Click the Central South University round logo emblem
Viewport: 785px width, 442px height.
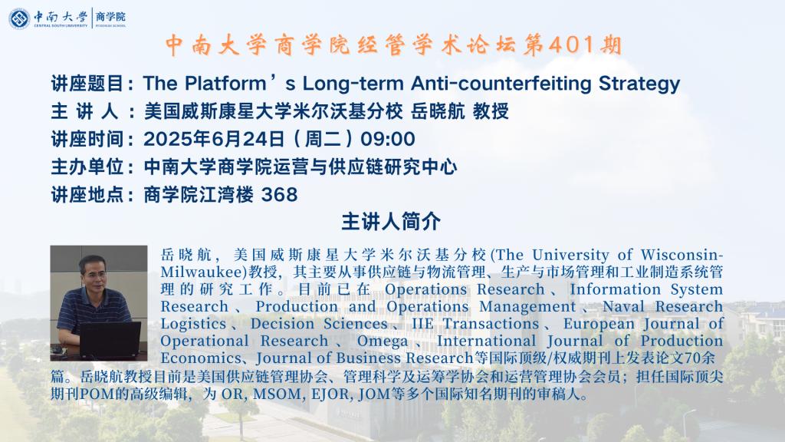click(x=19, y=18)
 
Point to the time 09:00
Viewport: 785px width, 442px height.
click(x=387, y=139)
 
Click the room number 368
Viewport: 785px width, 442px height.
click(x=279, y=194)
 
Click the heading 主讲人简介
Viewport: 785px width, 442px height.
click(x=391, y=222)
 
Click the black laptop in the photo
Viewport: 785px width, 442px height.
click(x=110, y=341)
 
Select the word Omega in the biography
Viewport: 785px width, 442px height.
click(x=383, y=341)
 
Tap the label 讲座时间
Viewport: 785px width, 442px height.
click(x=87, y=139)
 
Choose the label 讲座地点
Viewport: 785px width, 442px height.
click(x=87, y=194)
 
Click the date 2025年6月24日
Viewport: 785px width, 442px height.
click(x=215, y=139)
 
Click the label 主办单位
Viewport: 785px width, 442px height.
click(x=87, y=167)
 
